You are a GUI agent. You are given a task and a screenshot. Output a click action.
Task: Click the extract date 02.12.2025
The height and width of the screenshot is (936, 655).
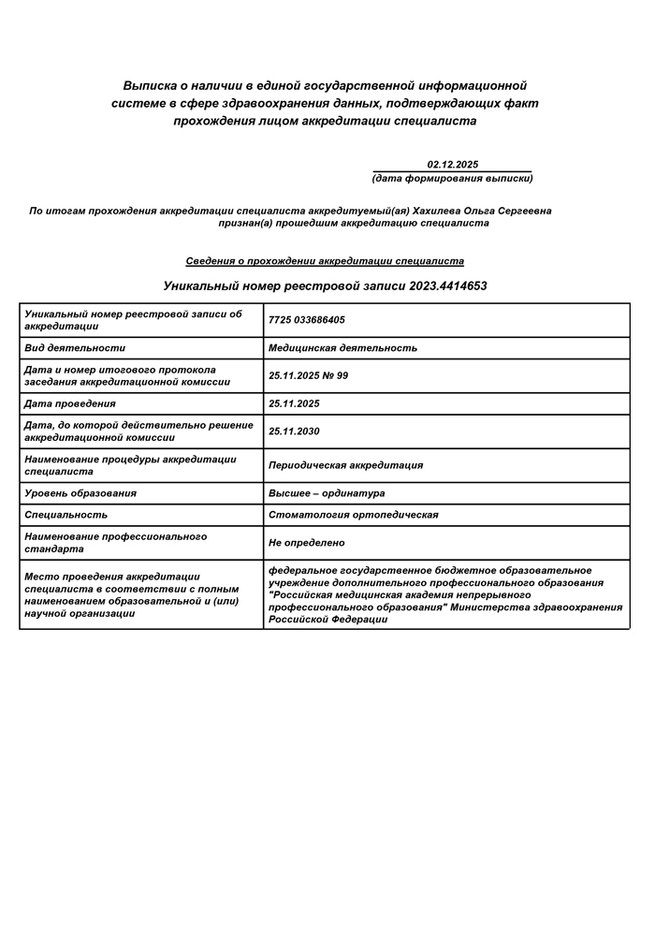pos(452,164)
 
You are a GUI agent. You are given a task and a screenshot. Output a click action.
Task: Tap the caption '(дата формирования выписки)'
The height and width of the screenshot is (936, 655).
pos(452,178)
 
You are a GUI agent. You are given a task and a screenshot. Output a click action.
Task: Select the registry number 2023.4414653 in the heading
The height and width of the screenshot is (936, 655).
pos(448,285)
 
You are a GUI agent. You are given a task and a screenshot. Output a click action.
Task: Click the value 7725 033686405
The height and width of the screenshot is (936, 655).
pos(306,320)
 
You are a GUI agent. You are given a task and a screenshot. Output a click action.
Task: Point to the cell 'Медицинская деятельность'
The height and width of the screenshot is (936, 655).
pos(342,348)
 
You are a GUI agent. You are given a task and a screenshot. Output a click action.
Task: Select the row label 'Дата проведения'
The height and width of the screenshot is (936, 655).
pos(70,403)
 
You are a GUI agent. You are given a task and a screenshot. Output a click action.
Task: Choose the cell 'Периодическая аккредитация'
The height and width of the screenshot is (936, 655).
pos(345,465)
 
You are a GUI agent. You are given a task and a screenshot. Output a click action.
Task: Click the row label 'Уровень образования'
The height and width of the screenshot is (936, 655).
pos(80,493)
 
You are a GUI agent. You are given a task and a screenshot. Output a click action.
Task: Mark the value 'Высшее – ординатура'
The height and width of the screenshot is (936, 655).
pos(327,493)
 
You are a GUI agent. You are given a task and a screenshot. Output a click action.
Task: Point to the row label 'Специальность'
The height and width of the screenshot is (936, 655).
pos(65,515)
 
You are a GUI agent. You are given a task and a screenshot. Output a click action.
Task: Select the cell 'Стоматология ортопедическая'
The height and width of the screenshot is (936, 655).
pos(353,515)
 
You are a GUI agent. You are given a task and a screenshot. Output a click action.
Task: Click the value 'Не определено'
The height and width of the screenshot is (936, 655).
pos(306,543)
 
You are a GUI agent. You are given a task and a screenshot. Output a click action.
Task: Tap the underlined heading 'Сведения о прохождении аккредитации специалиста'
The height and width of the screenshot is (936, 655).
pos(325,261)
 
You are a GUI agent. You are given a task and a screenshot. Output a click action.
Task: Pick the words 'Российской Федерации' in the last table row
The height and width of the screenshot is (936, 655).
pos(327,620)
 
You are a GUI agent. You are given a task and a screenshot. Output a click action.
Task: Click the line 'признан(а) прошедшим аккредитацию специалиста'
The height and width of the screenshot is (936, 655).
pos(354,224)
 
